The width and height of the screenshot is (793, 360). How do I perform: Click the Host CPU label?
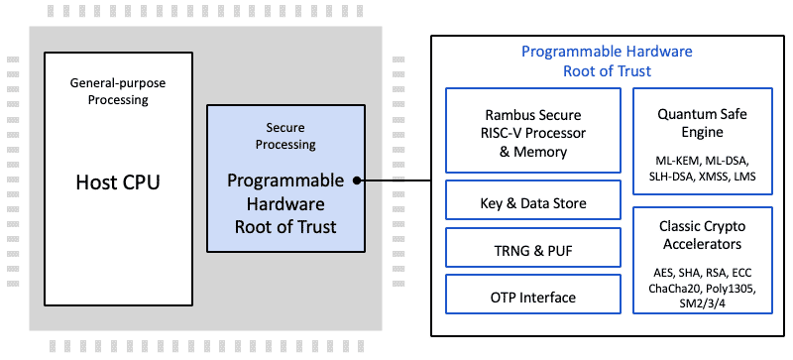coord(118,183)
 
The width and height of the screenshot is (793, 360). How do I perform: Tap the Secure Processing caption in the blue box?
coord(291,136)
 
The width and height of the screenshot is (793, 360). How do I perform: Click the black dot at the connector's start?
coord(356,180)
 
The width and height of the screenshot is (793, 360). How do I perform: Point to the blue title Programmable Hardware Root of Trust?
coord(607,61)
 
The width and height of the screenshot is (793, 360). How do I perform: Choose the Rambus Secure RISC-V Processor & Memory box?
coord(533,131)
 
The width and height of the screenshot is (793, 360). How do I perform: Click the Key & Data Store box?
coord(533,203)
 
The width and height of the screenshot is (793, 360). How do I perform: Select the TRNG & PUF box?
coord(533,251)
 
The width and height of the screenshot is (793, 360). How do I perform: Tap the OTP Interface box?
coord(533,297)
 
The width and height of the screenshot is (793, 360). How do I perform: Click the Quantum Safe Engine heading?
coord(702,123)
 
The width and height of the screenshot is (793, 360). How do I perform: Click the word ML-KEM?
coord(670,160)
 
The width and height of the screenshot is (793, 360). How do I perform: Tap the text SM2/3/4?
coord(702,304)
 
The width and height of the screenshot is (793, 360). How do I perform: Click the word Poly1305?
coord(731,289)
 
